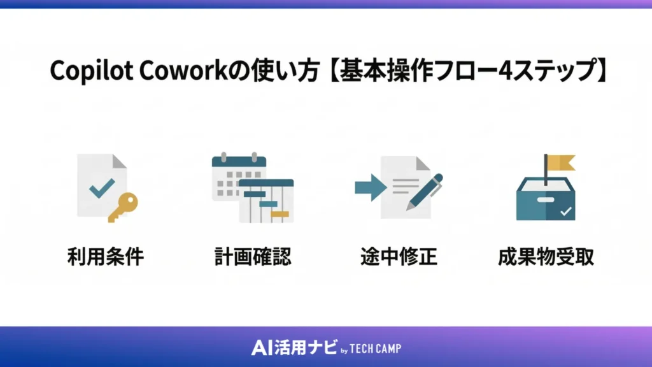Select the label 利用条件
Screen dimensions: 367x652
(x=106, y=257)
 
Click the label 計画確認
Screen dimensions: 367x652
(x=253, y=257)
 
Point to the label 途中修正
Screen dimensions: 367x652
(x=399, y=257)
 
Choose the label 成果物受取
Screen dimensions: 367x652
(x=546, y=257)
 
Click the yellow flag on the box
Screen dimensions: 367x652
(x=560, y=163)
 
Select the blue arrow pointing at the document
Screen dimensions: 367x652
(x=370, y=187)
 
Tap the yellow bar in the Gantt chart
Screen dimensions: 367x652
(x=280, y=213)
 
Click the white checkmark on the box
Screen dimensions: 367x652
(x=565, y=210)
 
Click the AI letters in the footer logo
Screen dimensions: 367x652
(x=262, y=348)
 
